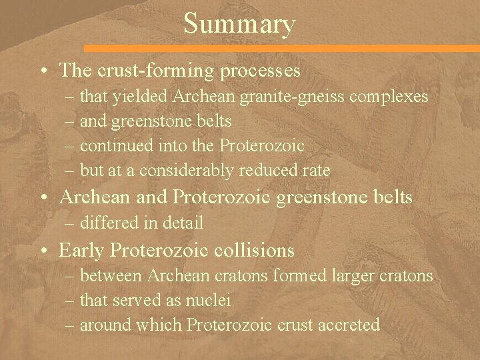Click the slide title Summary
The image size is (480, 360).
pyautogui.click(x=239, y=24)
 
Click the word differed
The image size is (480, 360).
pyautogui.click(x=109, y=222)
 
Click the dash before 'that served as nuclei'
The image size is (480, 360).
pyautogui.click(x=70, y=301)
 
